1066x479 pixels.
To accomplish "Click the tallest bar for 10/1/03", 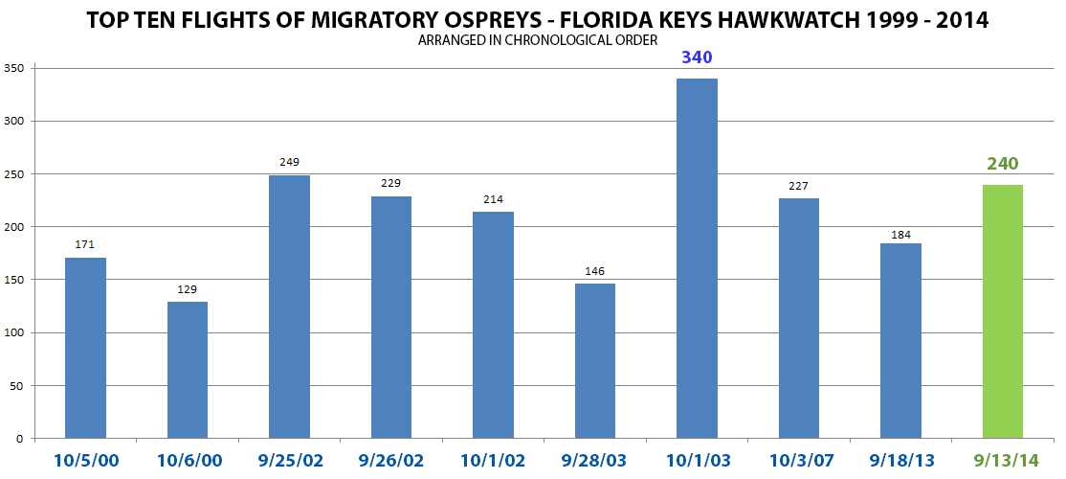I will click(697, 259).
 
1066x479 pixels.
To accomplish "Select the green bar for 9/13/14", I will click(1002, 311).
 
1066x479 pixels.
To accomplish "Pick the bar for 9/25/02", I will click(289, 307).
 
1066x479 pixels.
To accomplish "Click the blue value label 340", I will click(697, 57).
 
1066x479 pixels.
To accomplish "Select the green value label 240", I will click(1002, 164).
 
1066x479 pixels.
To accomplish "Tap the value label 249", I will click(289, 163).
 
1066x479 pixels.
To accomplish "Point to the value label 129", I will click(188, 289).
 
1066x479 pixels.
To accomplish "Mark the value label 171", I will click(85, 245).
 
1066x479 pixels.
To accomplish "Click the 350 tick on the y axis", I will click(13, 69).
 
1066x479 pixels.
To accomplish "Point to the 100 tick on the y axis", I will click(13, 333).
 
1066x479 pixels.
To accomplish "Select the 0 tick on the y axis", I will click(18, 439).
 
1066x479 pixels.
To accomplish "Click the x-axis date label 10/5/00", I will click(85, 461).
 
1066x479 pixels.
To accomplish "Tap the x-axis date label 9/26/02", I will click(390, 461).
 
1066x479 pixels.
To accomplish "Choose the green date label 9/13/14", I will click(1002, 461).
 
